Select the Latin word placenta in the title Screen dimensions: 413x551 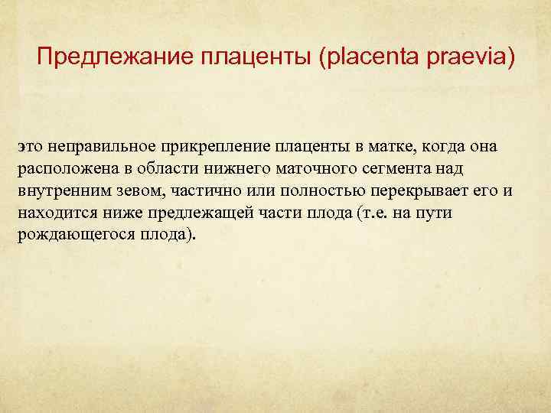pyautogui.click(x=365, y=57)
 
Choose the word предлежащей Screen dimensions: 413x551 pyautogui.click(x=188, y=213)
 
